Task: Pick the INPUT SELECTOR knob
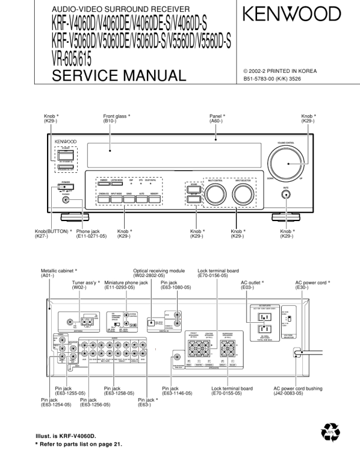tap(242, 193)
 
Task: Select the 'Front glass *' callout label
tap(116, 116)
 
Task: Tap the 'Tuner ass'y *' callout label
tap(86, 282)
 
